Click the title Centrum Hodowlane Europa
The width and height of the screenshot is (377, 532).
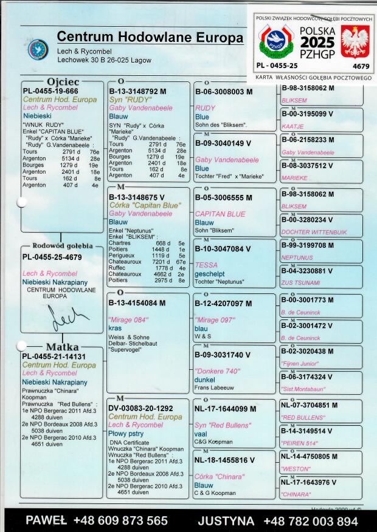tap(150, 37)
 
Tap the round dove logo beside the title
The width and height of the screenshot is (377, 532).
tap(38, 49)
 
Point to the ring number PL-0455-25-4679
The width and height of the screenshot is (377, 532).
tap(52, 257)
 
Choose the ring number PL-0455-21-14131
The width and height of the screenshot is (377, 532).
tap(54, 356)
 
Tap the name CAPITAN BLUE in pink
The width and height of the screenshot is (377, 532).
tap(220, 214)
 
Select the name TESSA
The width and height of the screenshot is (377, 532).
tap(206, 265)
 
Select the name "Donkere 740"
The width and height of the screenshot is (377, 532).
tap(217, 371)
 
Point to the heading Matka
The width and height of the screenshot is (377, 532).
tap(61, 347)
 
